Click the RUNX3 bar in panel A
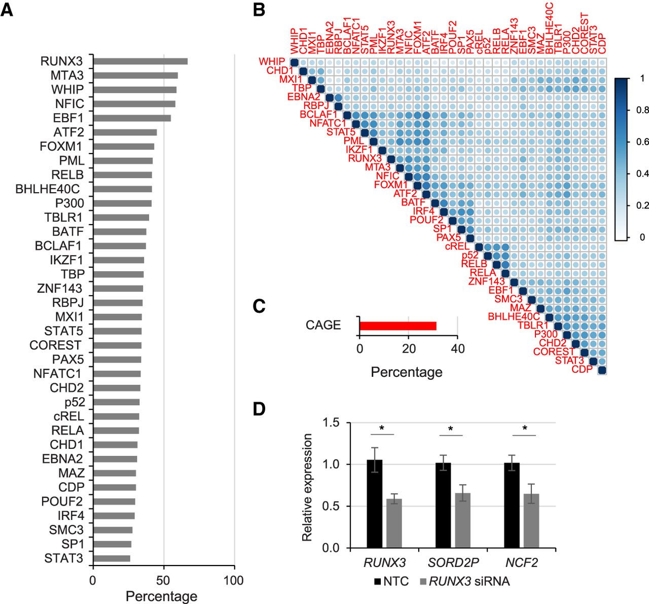[140, 61]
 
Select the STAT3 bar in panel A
[112, 558]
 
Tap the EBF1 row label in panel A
[68, 118]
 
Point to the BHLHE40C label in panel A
[48, 189]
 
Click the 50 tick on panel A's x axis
[163, 580]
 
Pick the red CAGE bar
[398, 326]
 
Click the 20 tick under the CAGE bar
[409, 348]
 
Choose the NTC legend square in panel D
[377, 581]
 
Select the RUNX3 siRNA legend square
[423, 581]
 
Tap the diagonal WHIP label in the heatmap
[272, 62]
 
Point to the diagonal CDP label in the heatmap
[582, 369]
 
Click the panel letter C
[259, 306]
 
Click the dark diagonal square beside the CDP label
[602, 370]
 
